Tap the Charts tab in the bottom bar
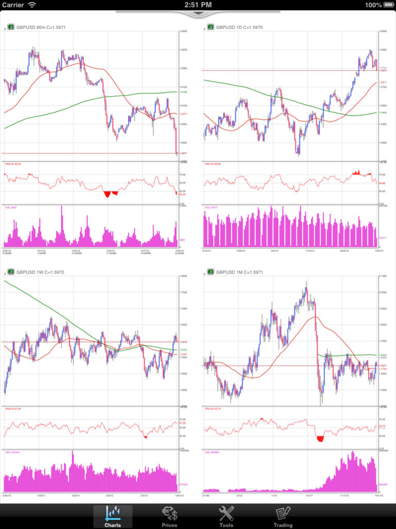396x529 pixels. point(113,516)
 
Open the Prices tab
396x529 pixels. point(169,516)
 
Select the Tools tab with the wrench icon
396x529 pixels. point(226,516)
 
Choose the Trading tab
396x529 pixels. point(283,516)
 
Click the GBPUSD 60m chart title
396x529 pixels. point(41,27)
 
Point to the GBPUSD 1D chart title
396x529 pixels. point(239,27)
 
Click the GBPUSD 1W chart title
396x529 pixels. point(40,272)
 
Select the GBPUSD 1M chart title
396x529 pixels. point(239,272)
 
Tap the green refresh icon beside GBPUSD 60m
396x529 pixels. point(11,27)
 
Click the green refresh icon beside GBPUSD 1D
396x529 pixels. point(211,27)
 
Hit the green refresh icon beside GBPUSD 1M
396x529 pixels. point(211,272)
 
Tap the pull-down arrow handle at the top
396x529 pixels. point(198,13)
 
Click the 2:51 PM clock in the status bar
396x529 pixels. point(198,5)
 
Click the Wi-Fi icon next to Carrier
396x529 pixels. point(32,5)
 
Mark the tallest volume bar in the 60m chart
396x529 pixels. point(62,225)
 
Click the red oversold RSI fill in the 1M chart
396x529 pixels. point(320,439)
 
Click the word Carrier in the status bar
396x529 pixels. point(13,5)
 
